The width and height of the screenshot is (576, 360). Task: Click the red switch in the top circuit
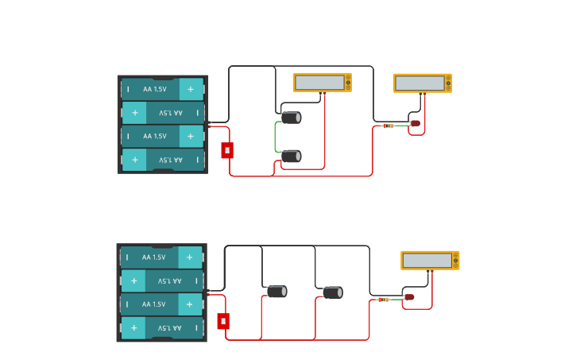pyautogui.click(x=227, y=150)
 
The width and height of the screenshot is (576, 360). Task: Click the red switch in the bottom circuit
pyautogui.click(x=223, y=321)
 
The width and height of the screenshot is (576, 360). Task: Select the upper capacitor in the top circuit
pyautogui.click(x=292, y=118)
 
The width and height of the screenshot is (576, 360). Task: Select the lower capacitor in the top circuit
pyautogui.click(x=292, y=157)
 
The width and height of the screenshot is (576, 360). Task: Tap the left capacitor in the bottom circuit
pyautogui.click(x=276, y=292)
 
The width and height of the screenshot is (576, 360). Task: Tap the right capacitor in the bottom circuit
pyautogui.click(x=333, y=292)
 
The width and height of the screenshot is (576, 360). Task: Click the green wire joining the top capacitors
pyautogui.click(x=276, y=137)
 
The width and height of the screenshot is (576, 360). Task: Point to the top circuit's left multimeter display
pyautogui.click(x=319, y=83)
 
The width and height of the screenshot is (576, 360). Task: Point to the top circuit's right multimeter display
pyautogui.click(x=419, y=83)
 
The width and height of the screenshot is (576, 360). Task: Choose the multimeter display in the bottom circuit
pyautogui.click(x=427, y=261)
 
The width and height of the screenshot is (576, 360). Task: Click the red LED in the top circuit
pyautogui.click(x=415, y=123)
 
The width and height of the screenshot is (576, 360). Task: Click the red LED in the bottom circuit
pyautogui.click(x=409, y=297)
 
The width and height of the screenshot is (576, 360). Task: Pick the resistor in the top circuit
pyautogui.click(x=389, y=126)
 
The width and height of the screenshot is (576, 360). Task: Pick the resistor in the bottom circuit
pyautogui.click(x=384, y=300)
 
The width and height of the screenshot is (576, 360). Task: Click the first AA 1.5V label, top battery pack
pyautogui.click(x=155, y=89)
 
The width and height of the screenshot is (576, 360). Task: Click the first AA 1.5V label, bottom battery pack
pyautogui.click(x=154, y=257)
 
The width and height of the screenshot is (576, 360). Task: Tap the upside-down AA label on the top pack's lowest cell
pyautogui.click(x=170, y=160)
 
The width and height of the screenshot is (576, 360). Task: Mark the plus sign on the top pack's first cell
pyautogui.click(x=191, y=89)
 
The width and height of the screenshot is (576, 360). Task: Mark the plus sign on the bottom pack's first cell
pyautogui.click(x=190, y=257)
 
